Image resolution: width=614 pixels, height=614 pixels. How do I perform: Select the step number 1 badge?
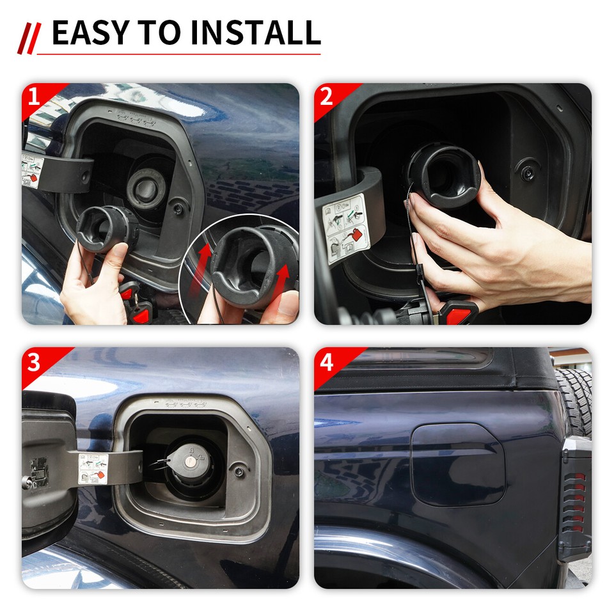coord(34,98)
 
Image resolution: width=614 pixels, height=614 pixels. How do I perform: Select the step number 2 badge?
coord(326,98)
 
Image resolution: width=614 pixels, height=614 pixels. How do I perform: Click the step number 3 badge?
coord(34,362)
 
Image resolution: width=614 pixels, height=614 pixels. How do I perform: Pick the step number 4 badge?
coord(326,362)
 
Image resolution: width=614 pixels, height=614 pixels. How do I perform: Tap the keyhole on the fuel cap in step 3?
coord(190,461)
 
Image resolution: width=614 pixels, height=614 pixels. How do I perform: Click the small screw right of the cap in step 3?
coord(239,472)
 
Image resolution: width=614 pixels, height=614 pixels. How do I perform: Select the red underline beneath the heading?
coord(179,54)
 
